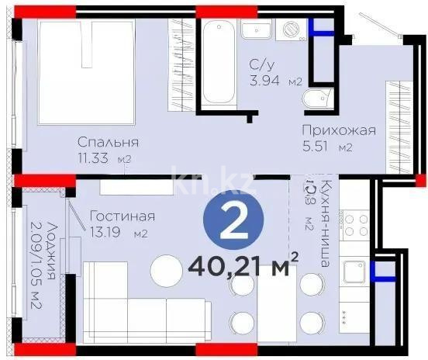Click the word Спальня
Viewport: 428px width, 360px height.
coord(108,142)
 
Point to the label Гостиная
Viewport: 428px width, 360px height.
coord(123,216)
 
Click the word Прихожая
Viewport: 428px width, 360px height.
coord(339,130)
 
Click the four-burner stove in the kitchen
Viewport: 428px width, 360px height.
coord(357,226)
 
